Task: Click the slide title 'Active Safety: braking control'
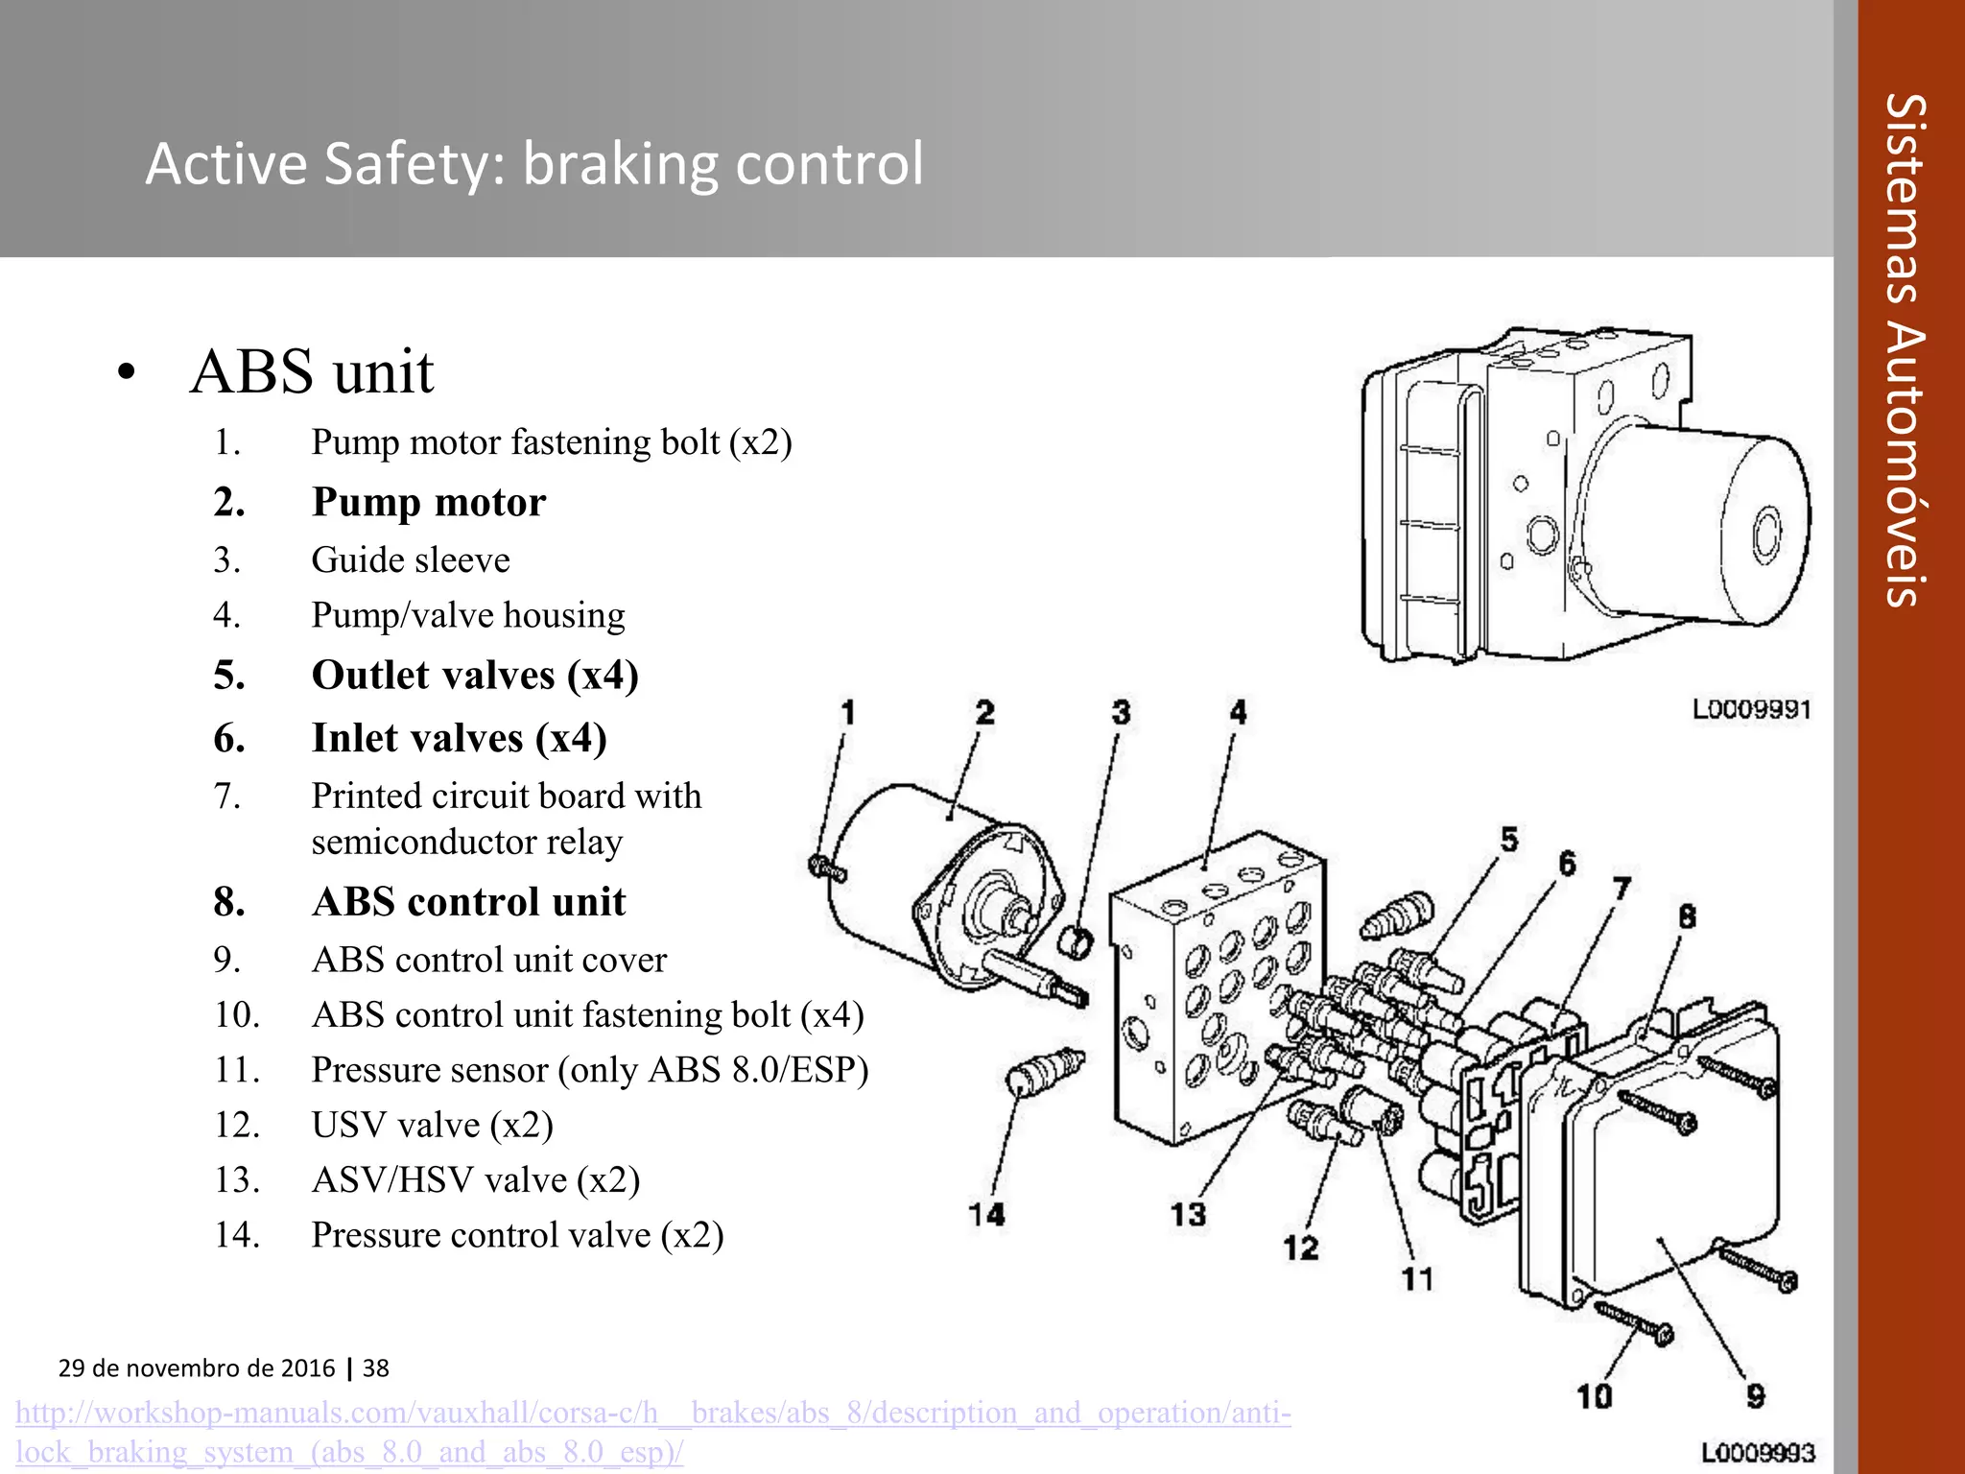click(533, 163)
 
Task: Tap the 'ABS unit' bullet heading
click(312, 371)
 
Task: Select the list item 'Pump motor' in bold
click(428, 502)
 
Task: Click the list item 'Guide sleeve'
click(410, 559)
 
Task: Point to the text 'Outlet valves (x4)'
click(475, 675)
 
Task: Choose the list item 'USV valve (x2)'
click(432, 1125)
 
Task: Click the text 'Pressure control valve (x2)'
click(517, 1234)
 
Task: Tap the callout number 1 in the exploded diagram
click(847, 713)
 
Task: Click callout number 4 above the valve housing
click(1238, 713)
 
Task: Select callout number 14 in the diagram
click(986, 1215)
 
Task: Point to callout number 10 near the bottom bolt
click(1595, 1396)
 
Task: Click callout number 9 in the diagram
click(1755, 1396)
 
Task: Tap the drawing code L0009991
click(1751, 710)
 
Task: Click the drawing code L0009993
click(1758, 1453)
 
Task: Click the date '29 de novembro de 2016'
click(197, 1367)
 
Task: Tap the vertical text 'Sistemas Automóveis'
click(1904, 350)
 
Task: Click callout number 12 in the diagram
click(1301, 1248)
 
